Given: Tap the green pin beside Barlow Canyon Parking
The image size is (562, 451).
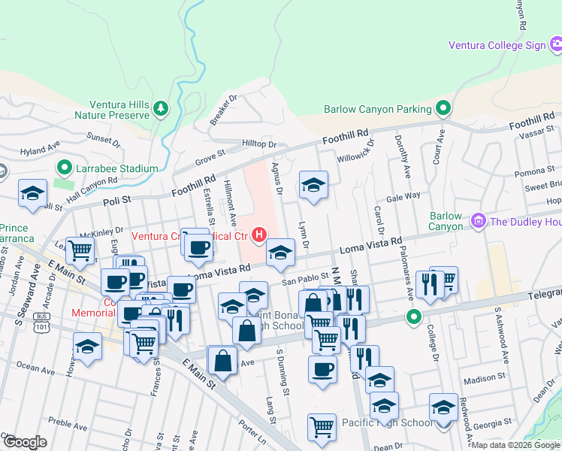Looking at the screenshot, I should click(443, 109).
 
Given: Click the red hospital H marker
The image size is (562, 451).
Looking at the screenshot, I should click(259, 235).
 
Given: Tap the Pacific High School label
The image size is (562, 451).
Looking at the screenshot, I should click(386, 423).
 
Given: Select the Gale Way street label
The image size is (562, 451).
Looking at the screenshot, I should click(403, 195).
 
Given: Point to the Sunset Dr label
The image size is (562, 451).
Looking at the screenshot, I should click(103, 138).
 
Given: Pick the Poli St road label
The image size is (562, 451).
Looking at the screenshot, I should click(116, 201).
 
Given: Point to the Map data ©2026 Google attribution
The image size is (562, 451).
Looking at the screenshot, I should click(515, 445).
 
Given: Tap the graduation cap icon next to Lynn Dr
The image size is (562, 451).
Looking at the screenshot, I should click(313, 184).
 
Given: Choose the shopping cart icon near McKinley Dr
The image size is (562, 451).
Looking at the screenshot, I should click(80, 249).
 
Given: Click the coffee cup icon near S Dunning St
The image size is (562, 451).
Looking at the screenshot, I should click(322, 369).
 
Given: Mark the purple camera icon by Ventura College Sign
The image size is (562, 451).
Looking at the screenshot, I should click(556, 45).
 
